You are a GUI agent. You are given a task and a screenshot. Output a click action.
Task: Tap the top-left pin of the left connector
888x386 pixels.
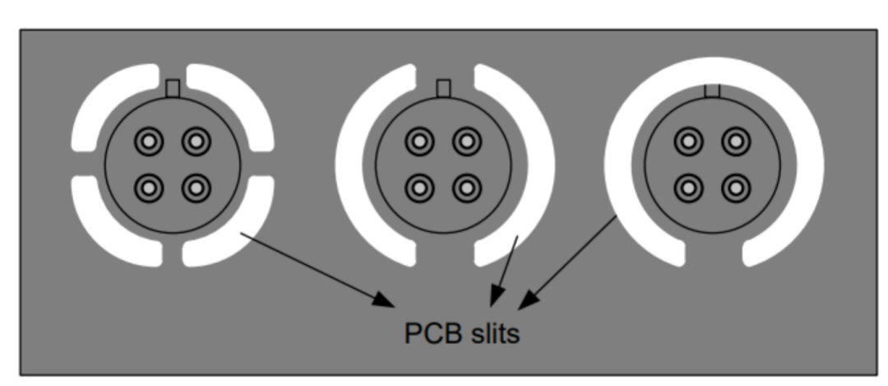(x=149, y=142)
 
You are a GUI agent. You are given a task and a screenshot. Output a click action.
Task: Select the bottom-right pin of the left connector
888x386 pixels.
(x=196, y=188)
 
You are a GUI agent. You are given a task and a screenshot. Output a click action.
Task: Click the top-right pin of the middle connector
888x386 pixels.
(x=467, y=142)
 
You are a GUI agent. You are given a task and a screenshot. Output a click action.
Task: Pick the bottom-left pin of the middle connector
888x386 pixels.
(x=419, y=188)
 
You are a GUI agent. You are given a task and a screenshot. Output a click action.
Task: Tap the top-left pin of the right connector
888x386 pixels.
(x=689, y=142)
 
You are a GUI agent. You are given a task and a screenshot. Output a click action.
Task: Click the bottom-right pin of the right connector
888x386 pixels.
(x=736, y=188)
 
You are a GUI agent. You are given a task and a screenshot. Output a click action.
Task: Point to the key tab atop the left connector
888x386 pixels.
(x=173, y=88)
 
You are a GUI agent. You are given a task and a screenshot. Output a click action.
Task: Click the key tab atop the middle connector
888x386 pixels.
(x=443, y=88)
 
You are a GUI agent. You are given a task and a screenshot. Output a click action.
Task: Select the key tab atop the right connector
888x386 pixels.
(x=712, y=91)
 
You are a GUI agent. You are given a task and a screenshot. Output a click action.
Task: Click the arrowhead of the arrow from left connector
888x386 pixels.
(x=384, y=300)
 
